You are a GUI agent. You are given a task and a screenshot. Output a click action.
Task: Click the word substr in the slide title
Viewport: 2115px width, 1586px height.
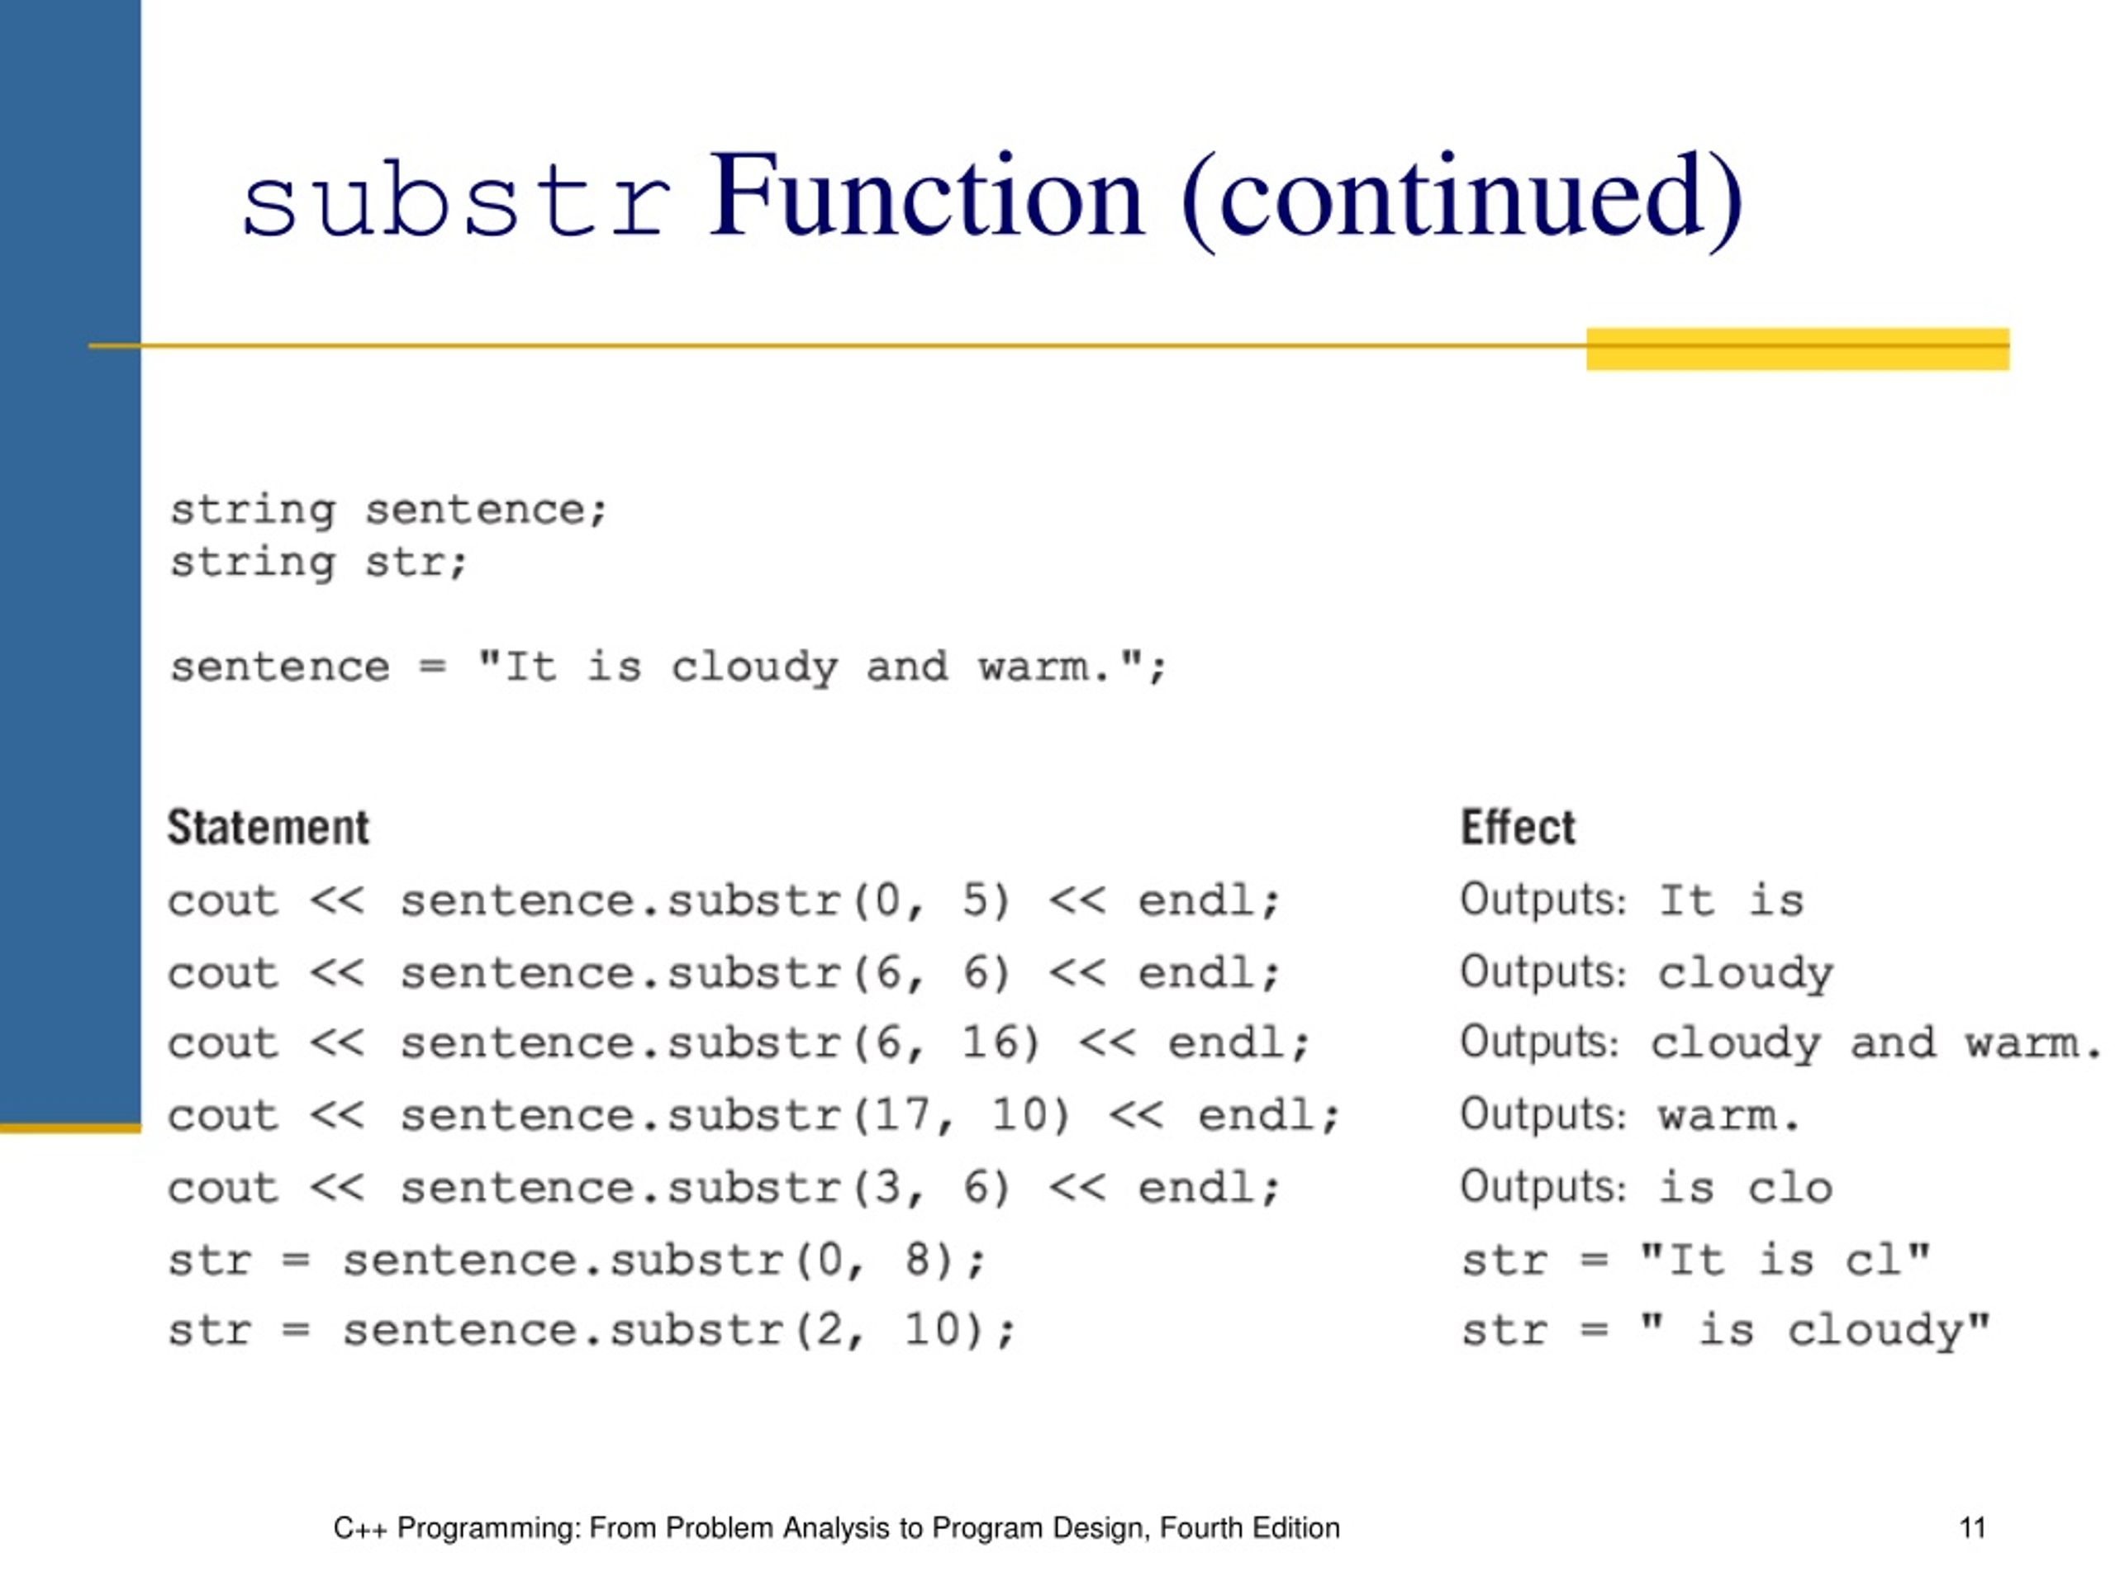(455, 199)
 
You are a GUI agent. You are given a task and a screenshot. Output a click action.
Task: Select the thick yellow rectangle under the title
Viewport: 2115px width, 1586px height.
(1798, 349)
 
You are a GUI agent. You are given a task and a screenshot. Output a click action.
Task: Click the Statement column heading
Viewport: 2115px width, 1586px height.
(268, 828)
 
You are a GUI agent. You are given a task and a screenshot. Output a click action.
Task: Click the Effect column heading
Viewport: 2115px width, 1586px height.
(1518, 828)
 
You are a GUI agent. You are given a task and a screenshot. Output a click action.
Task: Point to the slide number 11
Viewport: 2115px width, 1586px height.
(1973, 1527)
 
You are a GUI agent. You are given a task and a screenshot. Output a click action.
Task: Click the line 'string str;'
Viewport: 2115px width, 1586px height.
(318, 563)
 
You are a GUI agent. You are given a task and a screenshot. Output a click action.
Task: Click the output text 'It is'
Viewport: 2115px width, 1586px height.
(1731, 900)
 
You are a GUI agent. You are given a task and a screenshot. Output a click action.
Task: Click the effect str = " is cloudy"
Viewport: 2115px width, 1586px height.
(1725, 1331)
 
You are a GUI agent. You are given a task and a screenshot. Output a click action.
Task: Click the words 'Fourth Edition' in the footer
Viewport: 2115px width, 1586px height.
(1250, 1527)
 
